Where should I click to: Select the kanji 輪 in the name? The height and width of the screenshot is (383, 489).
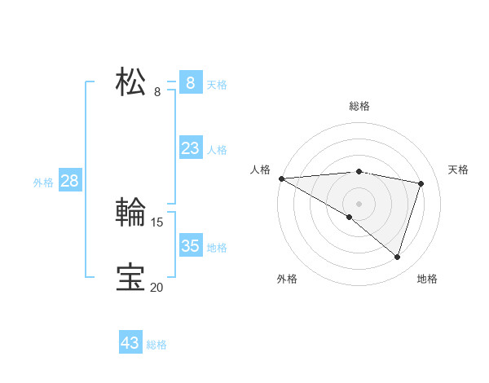pos(131,214)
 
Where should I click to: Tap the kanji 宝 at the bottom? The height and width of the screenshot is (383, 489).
pos(131,278)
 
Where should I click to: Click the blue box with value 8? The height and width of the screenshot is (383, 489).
pos(190,82)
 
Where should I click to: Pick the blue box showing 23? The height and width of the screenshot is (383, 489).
pos(190,148)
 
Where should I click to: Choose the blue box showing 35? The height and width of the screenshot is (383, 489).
pos(190,246)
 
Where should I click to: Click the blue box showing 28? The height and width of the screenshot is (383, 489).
pos(69,181)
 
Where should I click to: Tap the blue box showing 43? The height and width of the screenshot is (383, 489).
pos(130,343)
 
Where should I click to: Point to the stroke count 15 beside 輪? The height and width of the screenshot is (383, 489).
pos(157,222)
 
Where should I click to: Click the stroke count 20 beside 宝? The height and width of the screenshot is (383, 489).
pos(156,287)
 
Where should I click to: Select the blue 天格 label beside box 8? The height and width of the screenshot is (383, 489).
pos(217,84)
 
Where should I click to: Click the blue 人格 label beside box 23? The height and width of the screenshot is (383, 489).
pos(217,150)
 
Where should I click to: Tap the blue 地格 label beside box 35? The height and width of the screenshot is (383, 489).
pos(217,248)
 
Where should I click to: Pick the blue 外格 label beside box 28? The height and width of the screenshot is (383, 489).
pos(43,183)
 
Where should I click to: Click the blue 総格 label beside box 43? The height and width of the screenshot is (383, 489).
pos(156,345)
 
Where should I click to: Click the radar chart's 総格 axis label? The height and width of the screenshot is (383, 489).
pos(359,106)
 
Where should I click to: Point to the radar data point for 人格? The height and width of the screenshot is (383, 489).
pos(281,178)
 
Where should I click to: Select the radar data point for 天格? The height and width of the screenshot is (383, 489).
pos(421,183)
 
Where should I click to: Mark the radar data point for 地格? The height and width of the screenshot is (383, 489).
pos(397,257)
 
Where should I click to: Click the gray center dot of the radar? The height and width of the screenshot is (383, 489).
pos(359,203)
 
